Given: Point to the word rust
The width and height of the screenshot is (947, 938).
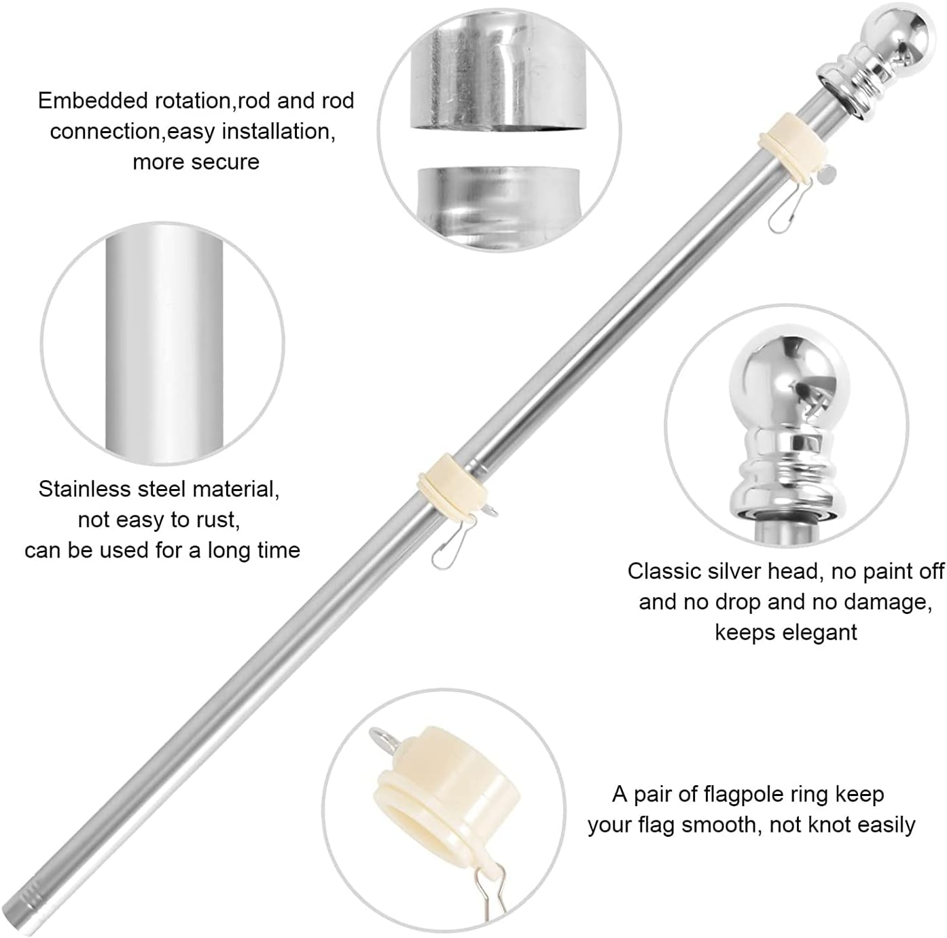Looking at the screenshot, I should tap(217, 520).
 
